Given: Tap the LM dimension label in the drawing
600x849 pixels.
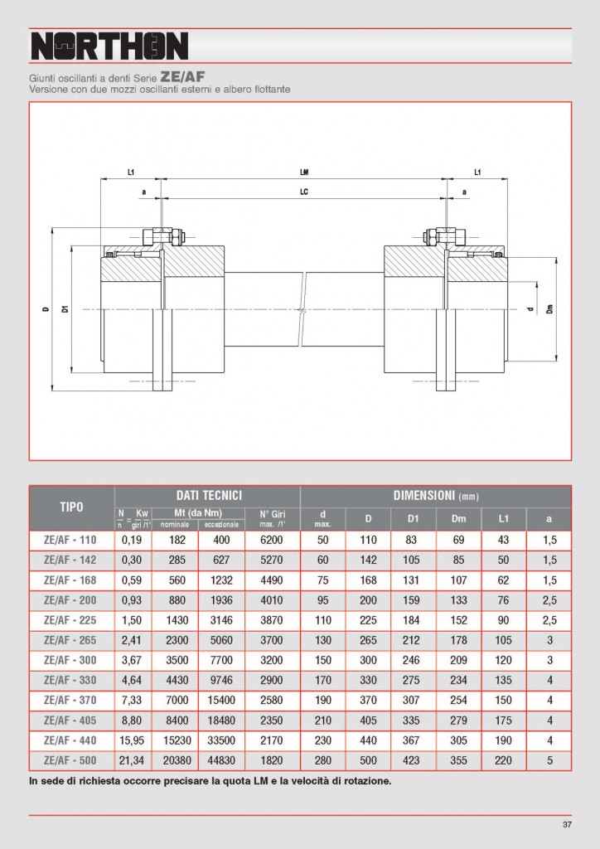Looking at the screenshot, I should click(304, 172).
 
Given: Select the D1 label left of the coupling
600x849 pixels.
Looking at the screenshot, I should click(65, 309).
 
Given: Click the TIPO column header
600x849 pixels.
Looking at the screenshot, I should click(70, 507).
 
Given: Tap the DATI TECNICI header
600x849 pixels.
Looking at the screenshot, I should click(207, 495).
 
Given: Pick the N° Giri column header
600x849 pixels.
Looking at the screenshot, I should click(272, 518).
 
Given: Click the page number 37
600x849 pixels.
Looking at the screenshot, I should click(567, 824).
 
